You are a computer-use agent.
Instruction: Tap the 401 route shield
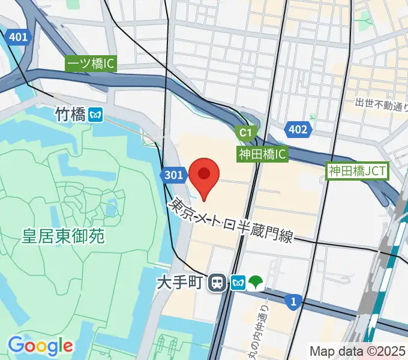tap(19, 37)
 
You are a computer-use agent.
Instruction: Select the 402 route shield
tap(297, 130)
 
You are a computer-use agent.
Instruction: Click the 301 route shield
tap(173, 175)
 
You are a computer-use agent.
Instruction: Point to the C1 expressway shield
tap(245, 132)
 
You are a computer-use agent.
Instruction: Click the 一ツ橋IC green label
tap(91, 64)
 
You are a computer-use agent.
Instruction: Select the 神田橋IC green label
tap(263, 154)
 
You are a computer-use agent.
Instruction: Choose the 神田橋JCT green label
tap(358, 171)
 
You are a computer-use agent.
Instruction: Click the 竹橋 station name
tap(70, 115)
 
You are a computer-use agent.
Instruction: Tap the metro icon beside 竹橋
tap(95, 115)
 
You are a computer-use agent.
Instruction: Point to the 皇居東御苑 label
tap(64, 236)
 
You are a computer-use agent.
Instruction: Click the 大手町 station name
tap(180, 281)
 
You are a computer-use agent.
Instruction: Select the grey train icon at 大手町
tap(217, 282)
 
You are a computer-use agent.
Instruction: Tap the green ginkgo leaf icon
tap(256, 282)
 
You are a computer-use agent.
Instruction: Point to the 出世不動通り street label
tap(382, 104)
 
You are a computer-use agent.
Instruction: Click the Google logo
tap(40, 346)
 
